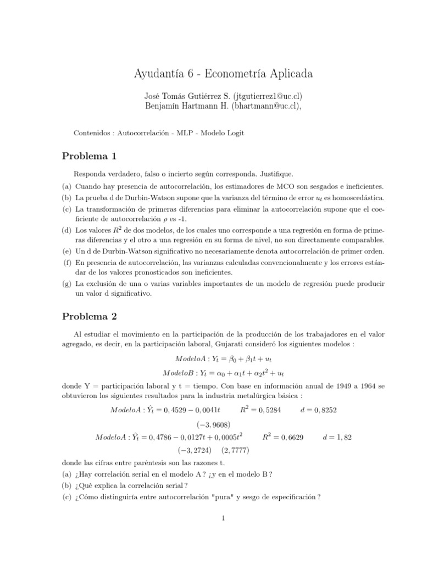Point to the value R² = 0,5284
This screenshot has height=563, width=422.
tap(262, 410)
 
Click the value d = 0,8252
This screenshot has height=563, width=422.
tap(319, 410)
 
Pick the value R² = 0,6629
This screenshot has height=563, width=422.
tap(283, 437)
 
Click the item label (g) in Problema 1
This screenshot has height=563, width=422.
tap(66, 284)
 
